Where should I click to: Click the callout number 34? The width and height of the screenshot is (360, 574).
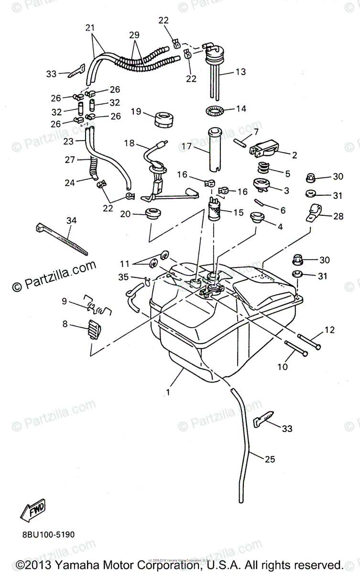click(71, 221)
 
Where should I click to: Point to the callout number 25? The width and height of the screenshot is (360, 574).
click(270, 459)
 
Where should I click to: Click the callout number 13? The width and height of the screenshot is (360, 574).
click(240, 72)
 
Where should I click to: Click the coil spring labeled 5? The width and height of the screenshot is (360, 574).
click(262, 168)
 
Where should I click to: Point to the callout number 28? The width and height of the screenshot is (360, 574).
click(338, 216)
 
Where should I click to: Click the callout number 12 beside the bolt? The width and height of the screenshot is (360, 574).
click(330, 330)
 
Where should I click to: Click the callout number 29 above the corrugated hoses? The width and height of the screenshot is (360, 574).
click(135, 36)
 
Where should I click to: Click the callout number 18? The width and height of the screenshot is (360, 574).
click(130, 143)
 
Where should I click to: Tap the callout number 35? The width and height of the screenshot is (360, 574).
click(123, 276)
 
